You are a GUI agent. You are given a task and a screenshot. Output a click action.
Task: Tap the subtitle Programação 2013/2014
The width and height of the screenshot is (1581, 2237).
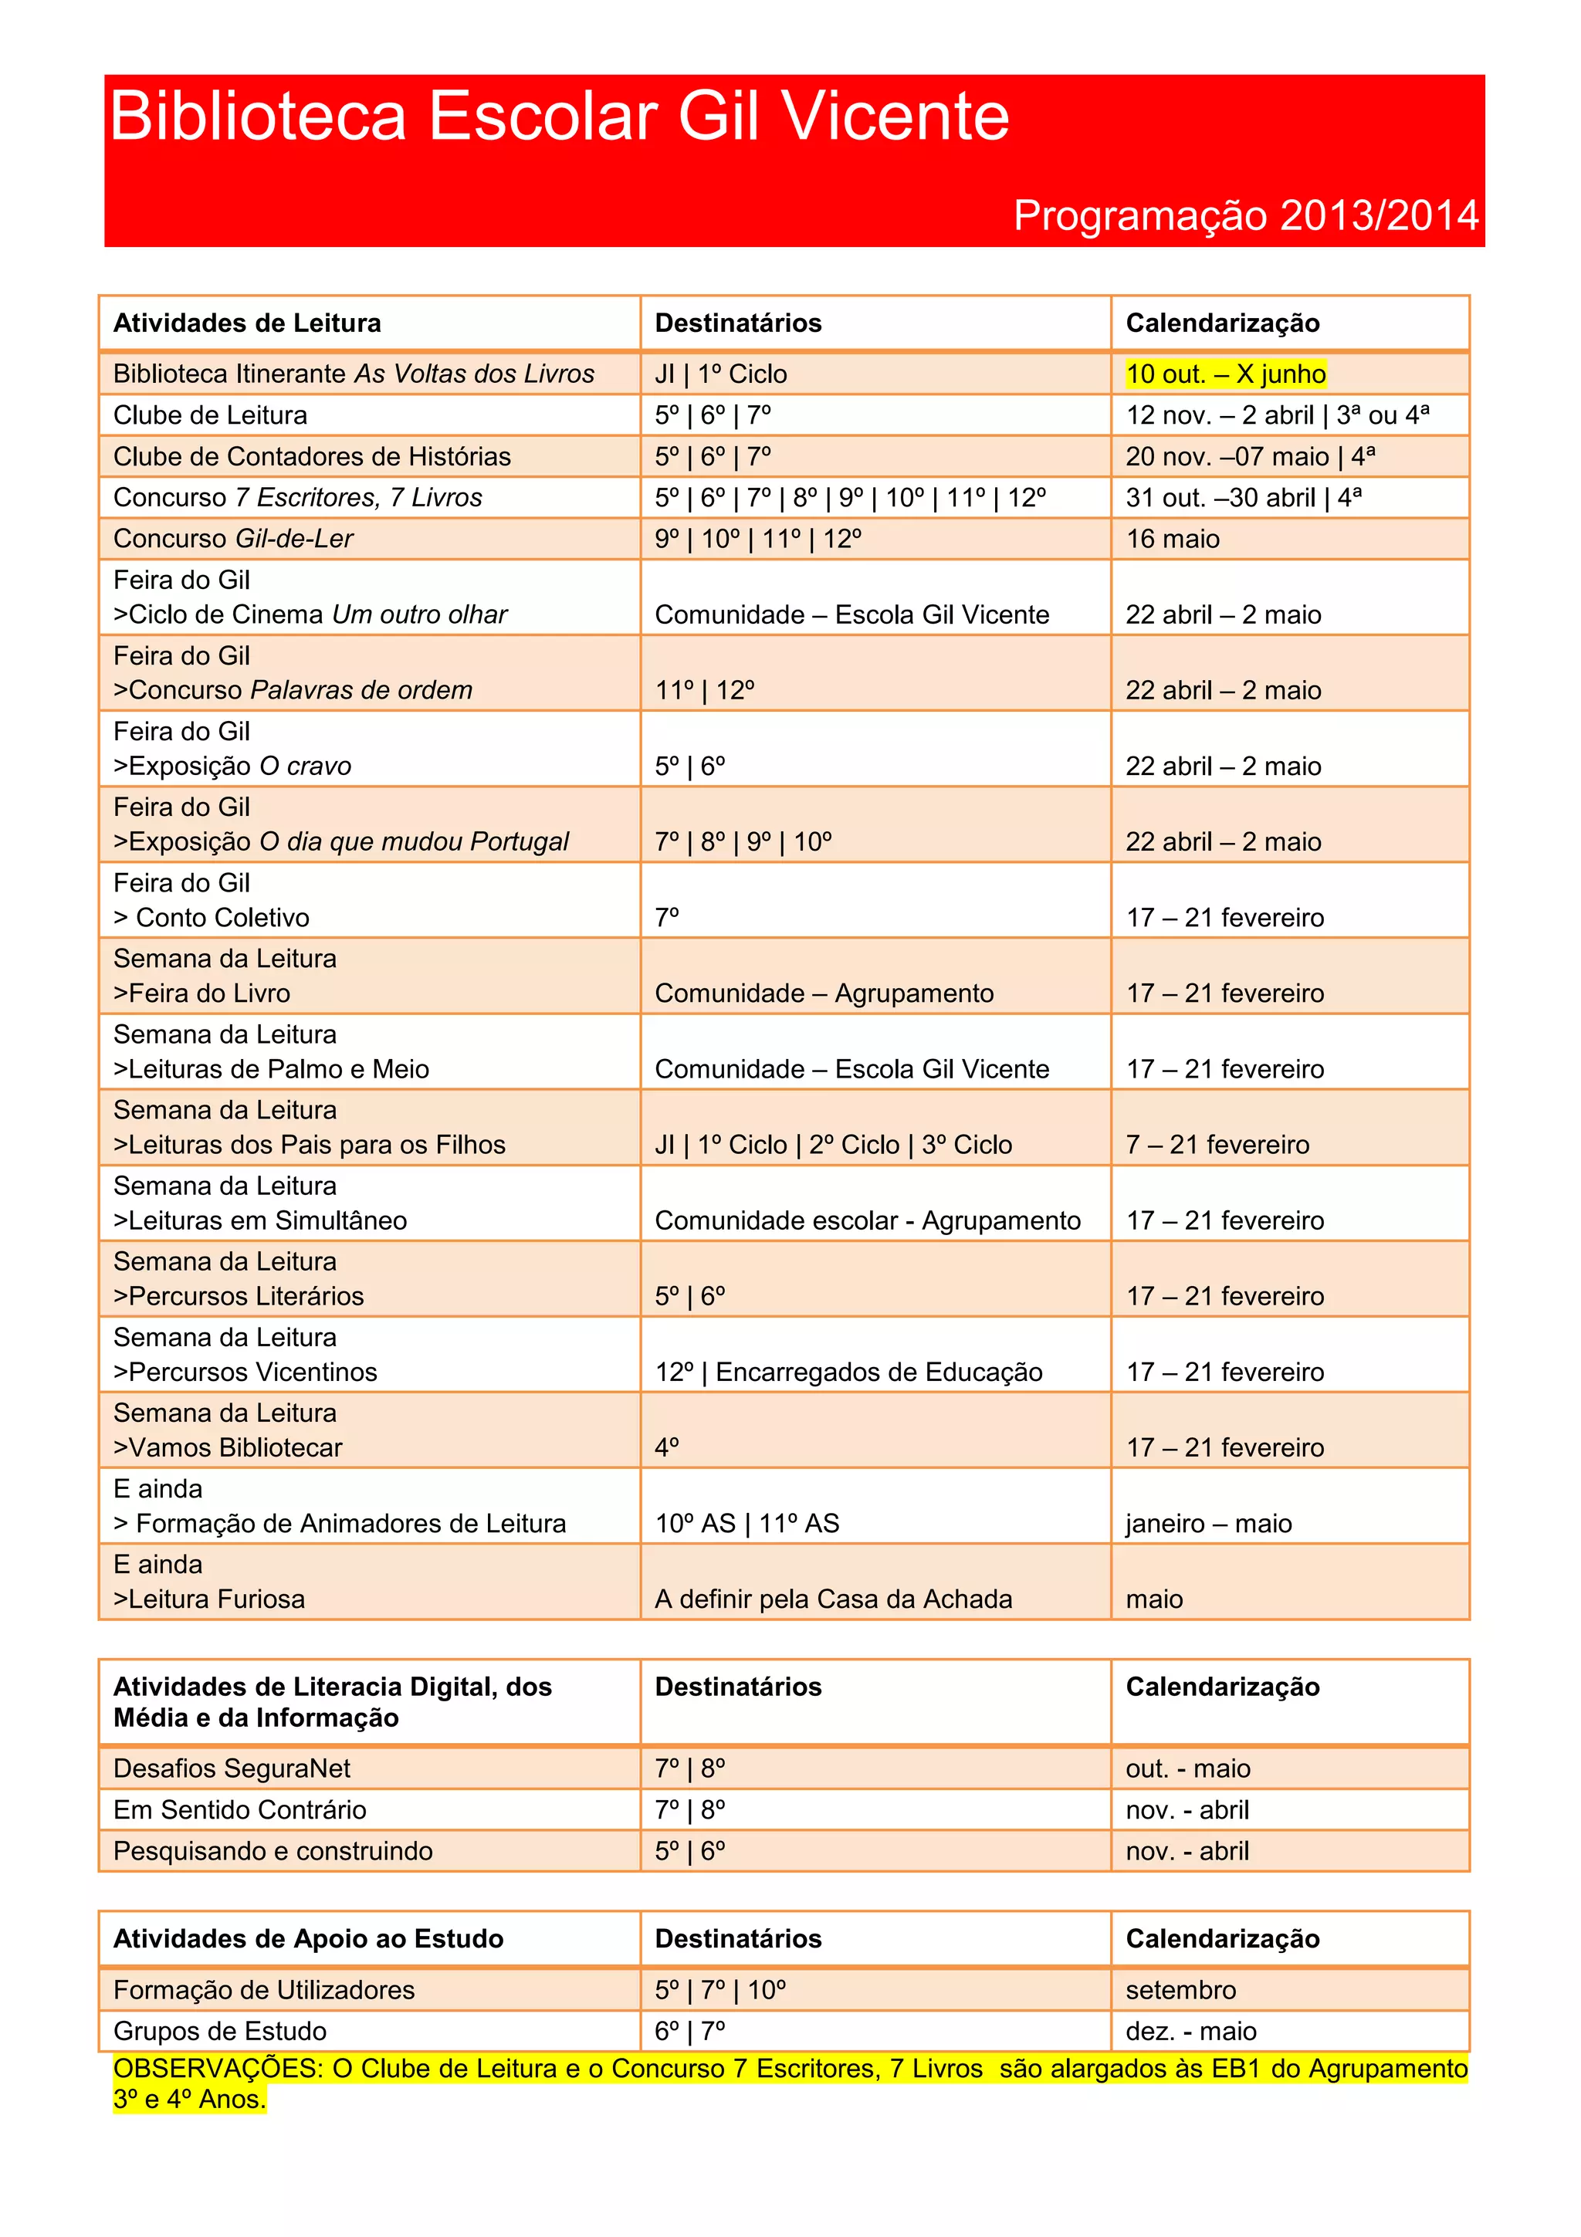point(1246,215)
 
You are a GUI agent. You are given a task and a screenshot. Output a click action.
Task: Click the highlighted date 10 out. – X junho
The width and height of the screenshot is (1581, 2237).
point(1225,374)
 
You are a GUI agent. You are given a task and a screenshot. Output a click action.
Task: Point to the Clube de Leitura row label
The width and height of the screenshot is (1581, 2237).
point(209,416)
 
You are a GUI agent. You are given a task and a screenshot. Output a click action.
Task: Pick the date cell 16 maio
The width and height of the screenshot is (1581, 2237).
point(1173,539)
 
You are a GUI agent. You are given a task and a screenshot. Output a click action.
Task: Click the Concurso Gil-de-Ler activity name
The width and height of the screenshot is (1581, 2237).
point(233,539)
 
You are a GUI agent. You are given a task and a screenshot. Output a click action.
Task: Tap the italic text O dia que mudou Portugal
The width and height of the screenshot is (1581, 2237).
point(413,842)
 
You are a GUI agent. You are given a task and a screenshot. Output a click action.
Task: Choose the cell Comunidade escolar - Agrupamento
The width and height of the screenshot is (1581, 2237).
point(867,1221)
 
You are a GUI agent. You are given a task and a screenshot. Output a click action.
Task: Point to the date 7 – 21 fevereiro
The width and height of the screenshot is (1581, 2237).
point(1217,1145)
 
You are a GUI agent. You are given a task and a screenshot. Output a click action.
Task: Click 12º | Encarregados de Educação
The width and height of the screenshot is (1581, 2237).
point(848,1372)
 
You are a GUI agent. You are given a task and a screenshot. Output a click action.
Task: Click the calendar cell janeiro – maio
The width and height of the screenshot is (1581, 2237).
point(1208,1524)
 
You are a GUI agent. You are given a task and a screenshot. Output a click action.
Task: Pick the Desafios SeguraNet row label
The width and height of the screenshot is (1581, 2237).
point(231,1768)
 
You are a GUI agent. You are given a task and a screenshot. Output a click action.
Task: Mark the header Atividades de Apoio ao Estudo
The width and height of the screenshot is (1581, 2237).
point(308,1939)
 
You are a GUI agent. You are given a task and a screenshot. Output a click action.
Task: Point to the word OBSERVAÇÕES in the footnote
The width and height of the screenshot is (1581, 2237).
point(217,2069)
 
